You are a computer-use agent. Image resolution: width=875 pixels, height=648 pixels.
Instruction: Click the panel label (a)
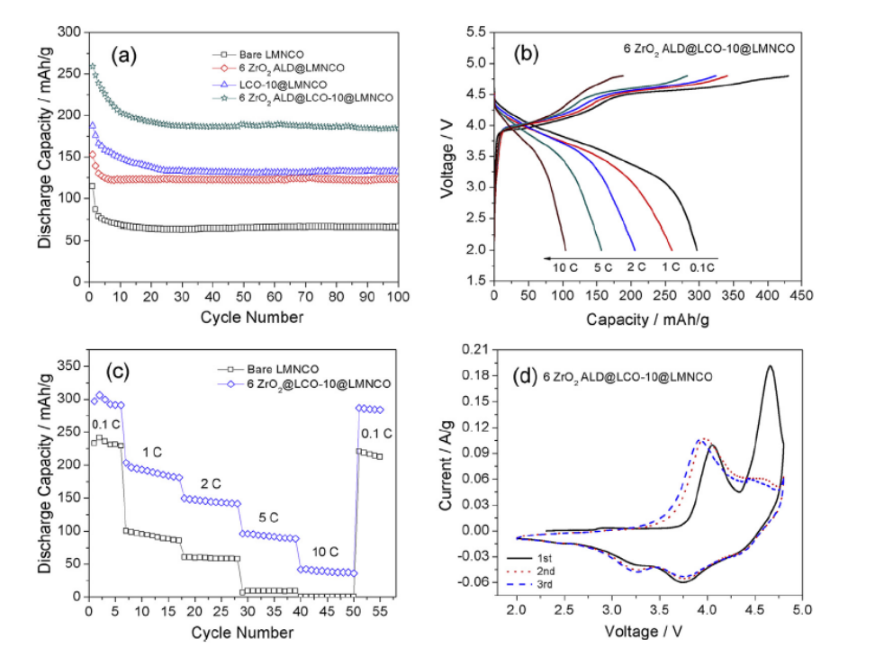click(123, 55)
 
